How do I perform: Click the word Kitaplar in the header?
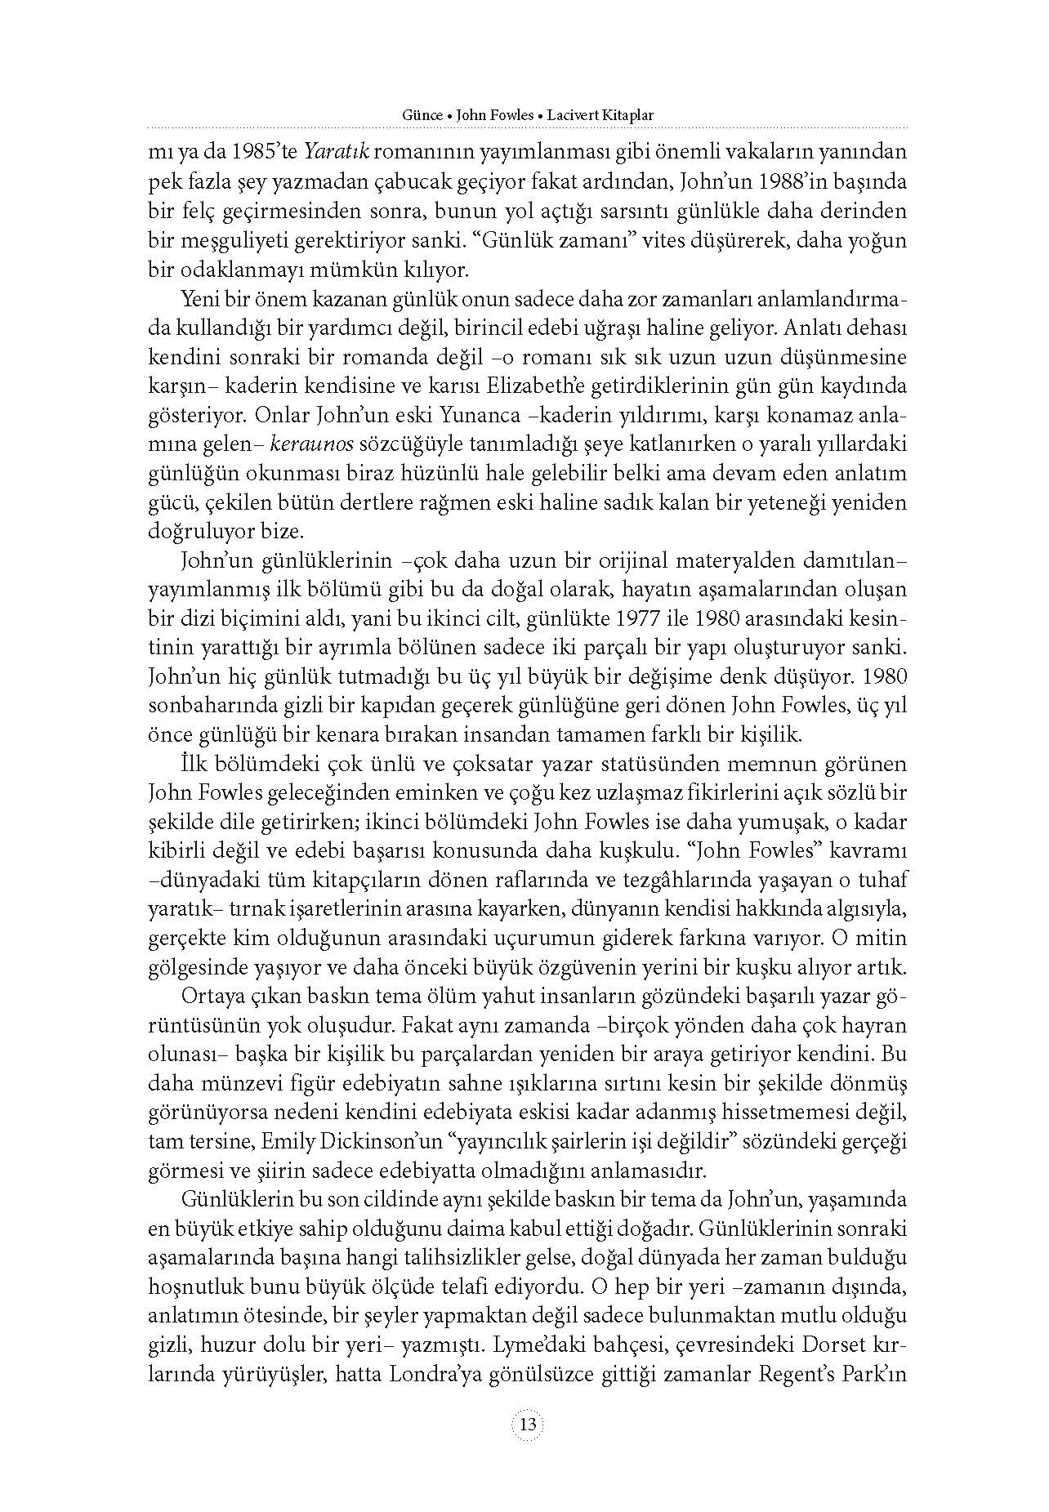629,115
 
